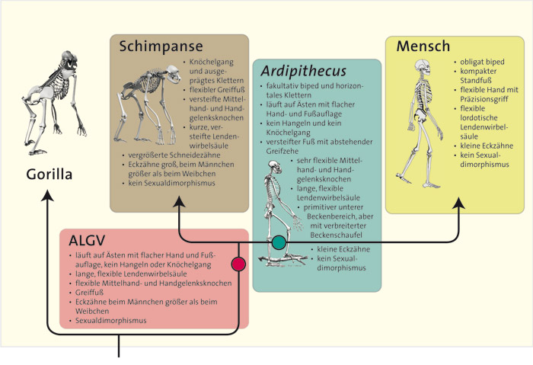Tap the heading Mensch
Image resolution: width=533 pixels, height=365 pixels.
pos(423,46)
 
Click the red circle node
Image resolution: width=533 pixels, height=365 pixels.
pos(239,264)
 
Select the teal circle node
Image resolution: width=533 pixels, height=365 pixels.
pos(279,242)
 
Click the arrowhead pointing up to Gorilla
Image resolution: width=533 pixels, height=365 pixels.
pos(47,197)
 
